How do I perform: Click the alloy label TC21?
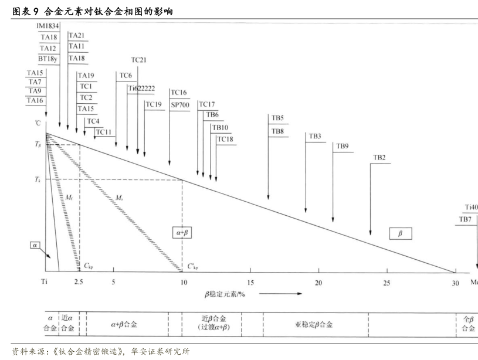tap(139, 60)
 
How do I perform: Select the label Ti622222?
tap(141, 88)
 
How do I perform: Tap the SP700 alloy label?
tap(179, 104)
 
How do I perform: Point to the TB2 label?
tap(379, 158)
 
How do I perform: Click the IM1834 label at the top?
tap(48, 26)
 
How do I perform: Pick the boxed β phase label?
tap(401, 233)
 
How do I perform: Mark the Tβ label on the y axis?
tap(38, 144)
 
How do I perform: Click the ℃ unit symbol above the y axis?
tap(38, 123)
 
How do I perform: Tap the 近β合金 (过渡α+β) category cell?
tap(213, 324)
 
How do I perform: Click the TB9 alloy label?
tap(342, 146)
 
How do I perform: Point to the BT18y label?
tap(48, 59)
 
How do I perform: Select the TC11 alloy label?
tap(104, 132)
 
